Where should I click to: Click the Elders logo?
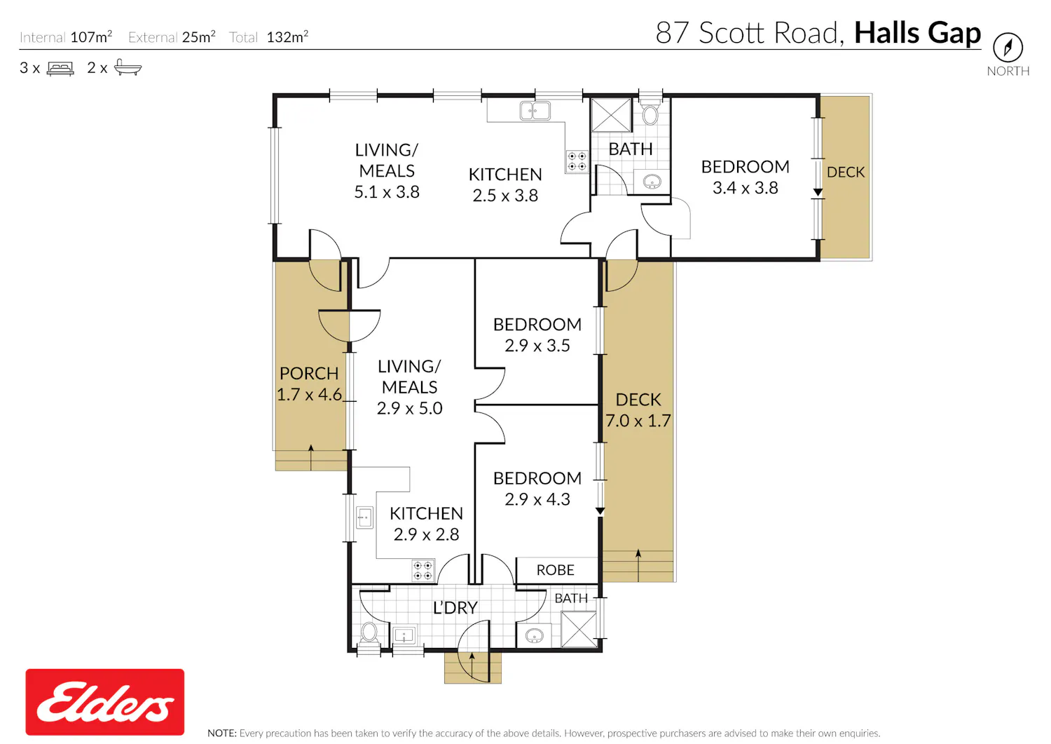coord(104,701)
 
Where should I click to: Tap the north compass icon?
coord(1008,47)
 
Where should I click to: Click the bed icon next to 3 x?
coord(60,69)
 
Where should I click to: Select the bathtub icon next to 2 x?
coord(128,67)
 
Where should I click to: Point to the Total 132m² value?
coord(287,36)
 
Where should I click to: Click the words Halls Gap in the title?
coord(917,33)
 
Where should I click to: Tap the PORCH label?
coord(309,374)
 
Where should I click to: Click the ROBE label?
coord(555,569)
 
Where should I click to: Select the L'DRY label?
coord(455,608)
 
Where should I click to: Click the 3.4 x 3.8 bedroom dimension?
coord(745,188)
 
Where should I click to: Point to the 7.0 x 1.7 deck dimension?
coord(638,420)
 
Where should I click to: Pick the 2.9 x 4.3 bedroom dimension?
coord(537,499)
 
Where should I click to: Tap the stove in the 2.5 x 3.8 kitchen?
coord(577,161)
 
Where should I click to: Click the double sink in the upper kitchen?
coord(535,111)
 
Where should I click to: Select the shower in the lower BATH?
coord(579,629)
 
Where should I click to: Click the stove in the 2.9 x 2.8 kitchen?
coord(423,571)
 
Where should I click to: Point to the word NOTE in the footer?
coord(222,733)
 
